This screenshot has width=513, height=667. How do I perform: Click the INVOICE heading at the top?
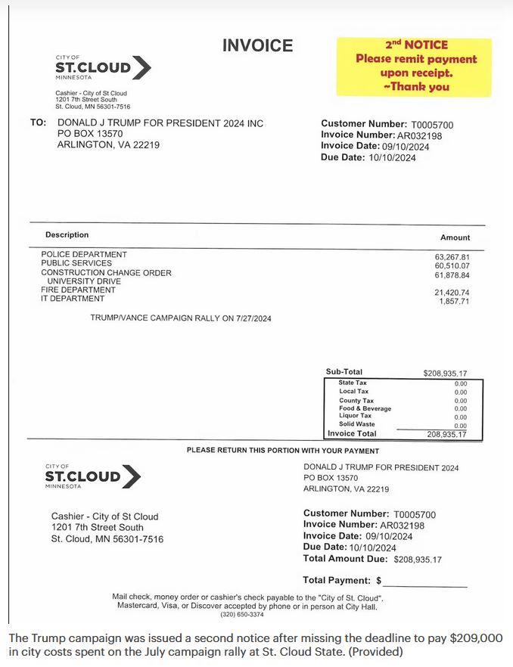tap(257, 45)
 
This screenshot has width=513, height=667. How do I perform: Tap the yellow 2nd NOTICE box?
tap(415, 67)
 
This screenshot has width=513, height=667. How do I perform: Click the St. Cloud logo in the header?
tap(103, 67)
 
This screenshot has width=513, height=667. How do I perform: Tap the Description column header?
tap(67, 234)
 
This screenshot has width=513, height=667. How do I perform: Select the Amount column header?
tap(455, 237)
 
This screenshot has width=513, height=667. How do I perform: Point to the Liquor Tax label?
tap(355, 415)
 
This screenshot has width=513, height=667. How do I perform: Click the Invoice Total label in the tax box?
tap(352, 434)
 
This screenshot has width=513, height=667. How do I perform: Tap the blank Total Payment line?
tap(425, 582)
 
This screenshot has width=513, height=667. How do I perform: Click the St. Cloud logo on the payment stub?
tap(93, 476)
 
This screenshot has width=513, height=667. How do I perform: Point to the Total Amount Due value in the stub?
tap(418, 560)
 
